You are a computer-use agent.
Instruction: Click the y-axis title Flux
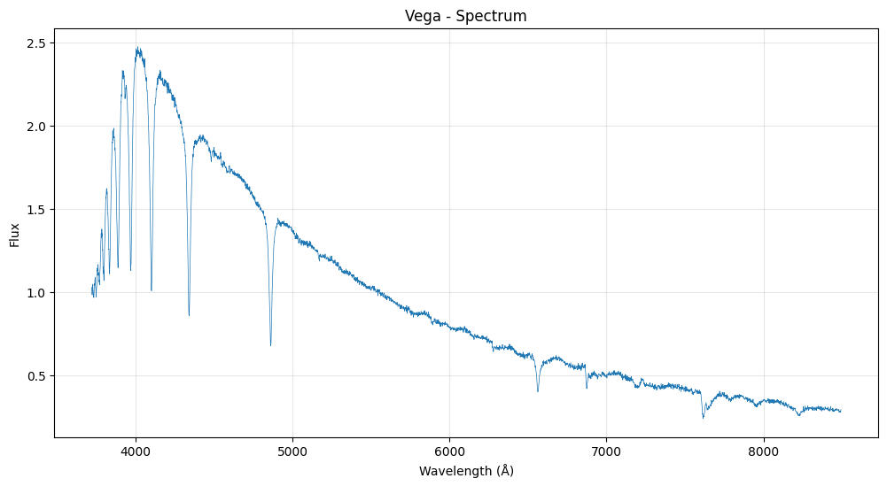[15, 234]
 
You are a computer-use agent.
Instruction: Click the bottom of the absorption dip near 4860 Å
[270, 345]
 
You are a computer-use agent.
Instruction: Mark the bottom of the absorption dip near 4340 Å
[189, 315]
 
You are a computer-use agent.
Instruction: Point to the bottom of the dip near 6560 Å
[538, 391]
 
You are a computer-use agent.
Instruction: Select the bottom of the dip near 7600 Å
[704, 418]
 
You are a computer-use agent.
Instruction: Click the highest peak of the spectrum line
[137, 47]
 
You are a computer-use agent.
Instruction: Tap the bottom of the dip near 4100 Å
[152, 290]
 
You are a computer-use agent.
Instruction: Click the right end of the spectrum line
[841, 411]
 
